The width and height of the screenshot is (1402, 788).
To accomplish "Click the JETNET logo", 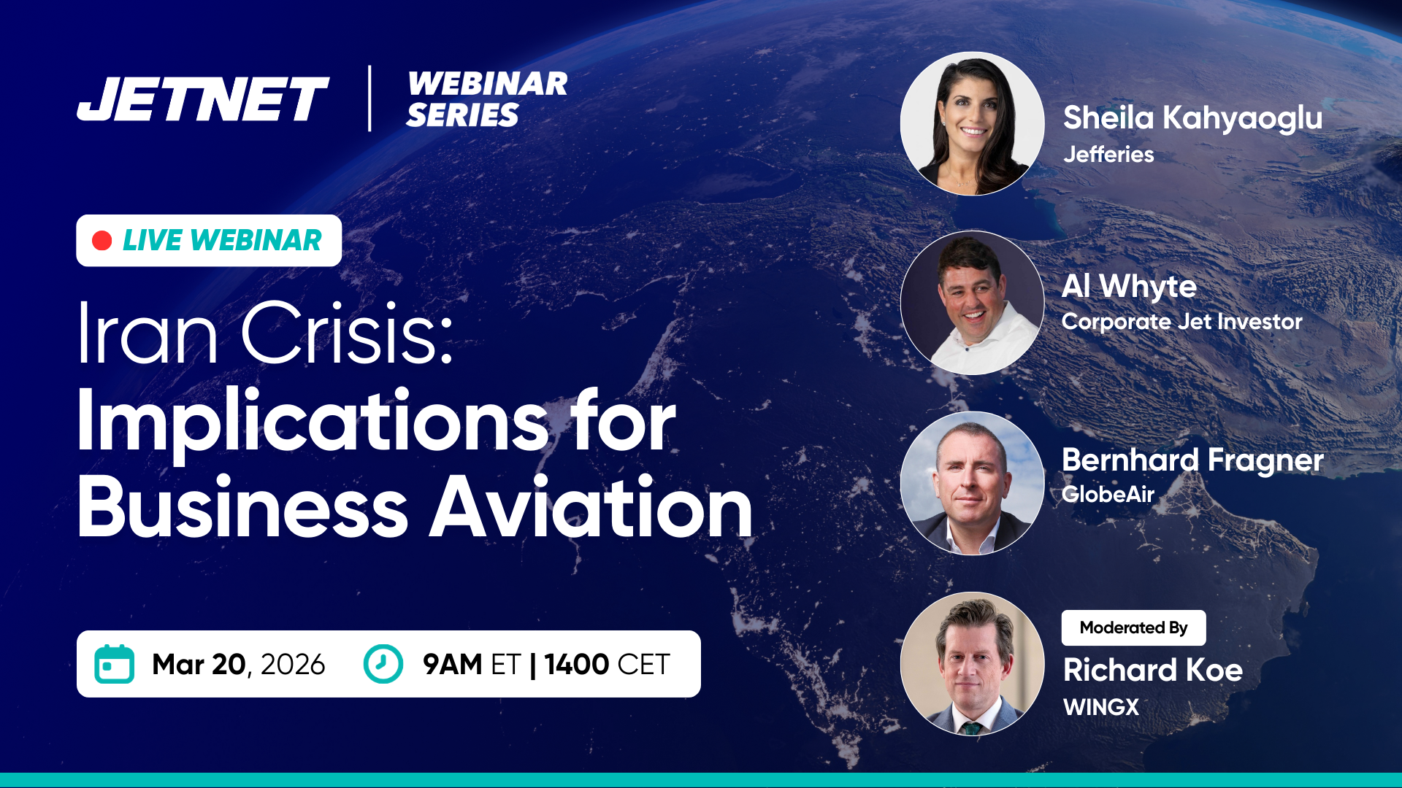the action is tap(203, 99).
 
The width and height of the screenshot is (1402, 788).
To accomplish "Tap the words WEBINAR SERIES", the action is tap(487, 99).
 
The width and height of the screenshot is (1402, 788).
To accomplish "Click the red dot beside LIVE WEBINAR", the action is tap(102, 241).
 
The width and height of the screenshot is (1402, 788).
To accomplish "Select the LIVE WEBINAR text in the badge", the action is tap(222, 241).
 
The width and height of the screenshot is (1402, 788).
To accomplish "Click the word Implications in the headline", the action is tap(313, 423).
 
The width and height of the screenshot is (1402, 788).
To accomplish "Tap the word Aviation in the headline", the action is tap(591, 506).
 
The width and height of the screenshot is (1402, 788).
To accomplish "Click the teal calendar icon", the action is tap(115, 664).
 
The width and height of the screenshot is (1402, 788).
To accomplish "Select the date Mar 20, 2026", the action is tap(239, 665).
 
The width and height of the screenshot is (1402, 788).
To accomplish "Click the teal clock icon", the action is tap(383, 664).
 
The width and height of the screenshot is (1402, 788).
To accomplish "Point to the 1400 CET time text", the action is tap(607, 665).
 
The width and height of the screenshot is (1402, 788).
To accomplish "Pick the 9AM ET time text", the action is tap(471, 665).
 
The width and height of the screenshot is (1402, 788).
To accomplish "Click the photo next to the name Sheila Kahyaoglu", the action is tap(973, 123).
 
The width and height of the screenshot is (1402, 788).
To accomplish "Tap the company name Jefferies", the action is tap(1108, 155).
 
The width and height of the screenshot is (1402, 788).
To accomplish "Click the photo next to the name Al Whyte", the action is tap(973, 303).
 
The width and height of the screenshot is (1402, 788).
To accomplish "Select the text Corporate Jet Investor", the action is tap(1181, 322).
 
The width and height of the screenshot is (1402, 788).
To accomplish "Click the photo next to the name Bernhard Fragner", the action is tap(973, 483).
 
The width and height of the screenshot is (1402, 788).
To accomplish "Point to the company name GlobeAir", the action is tap(1108, 494).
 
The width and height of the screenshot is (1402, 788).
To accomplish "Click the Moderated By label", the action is tap(1133, 627).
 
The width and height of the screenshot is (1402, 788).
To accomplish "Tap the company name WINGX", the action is tap(1101, 707).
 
